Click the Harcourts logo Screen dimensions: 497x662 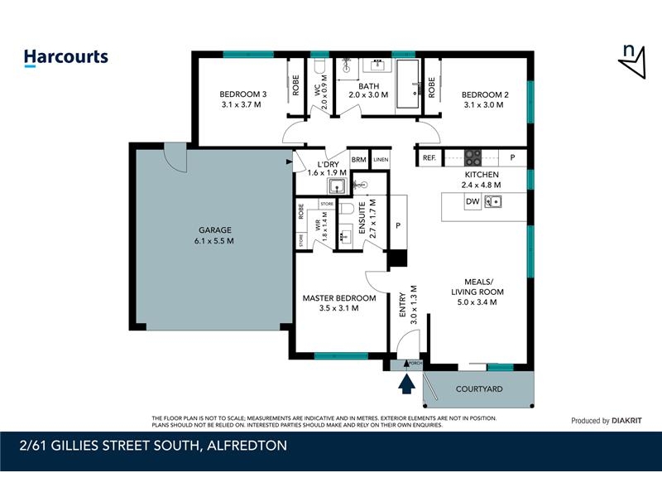(65, 57)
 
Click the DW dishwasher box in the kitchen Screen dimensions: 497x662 (472, 201)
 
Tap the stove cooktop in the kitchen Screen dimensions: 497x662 (473, 157)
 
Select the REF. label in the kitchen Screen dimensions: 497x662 (429, 157)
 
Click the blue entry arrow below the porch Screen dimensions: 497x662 (406, 383)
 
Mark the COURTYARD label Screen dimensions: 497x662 (479, 388)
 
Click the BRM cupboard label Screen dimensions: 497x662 (358, 160)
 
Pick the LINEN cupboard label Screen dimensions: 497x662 (380, 160)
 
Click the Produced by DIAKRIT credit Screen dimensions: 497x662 (606, 421)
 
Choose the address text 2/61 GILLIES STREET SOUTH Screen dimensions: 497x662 (153, 446)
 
